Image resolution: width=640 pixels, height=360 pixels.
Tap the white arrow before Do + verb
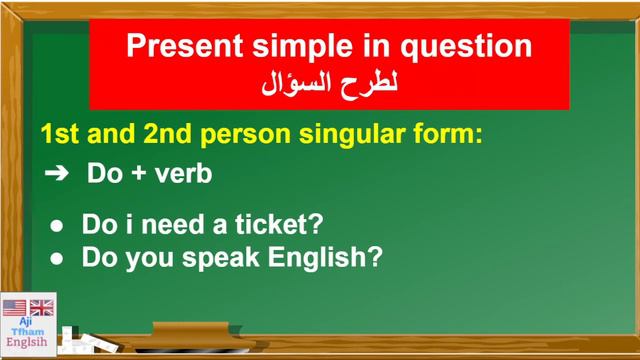[57, 173]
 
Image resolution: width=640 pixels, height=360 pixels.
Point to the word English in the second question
[322, 257]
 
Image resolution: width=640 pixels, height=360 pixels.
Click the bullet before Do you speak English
[57, 258]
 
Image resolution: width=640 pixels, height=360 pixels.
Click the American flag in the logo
[14, 307]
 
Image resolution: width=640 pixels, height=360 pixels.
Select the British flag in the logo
[42, 307]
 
